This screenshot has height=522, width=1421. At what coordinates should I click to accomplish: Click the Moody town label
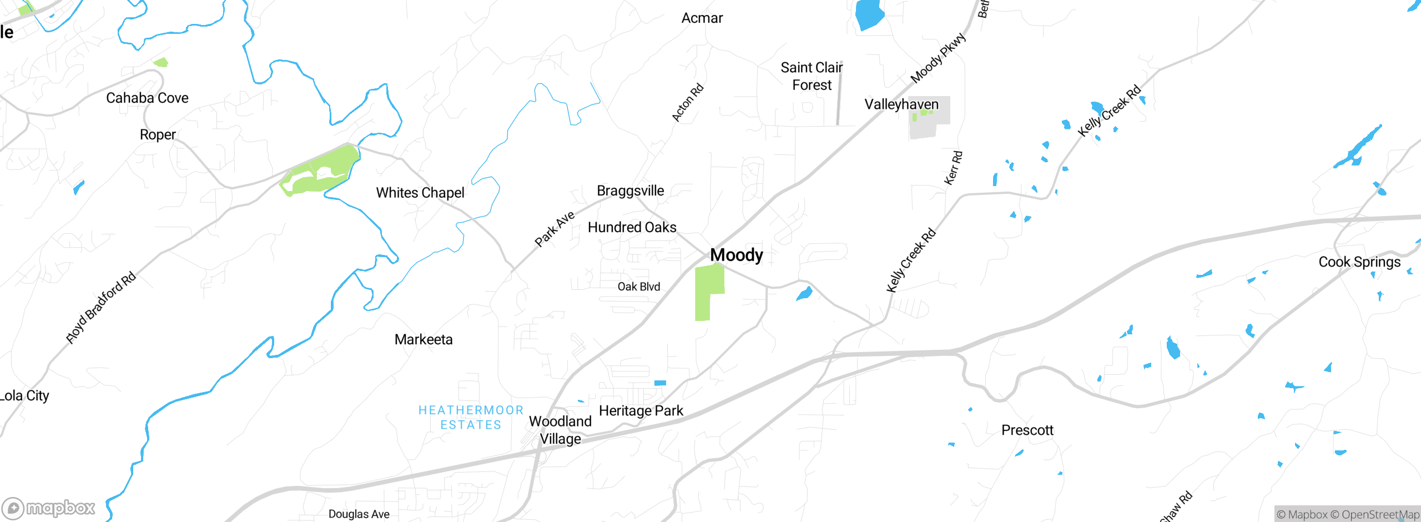pyautogui.click(x=737, y=255)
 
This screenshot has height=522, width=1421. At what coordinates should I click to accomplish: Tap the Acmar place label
pyautogui.click(x=702, y=18)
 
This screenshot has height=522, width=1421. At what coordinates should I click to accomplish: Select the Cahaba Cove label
pyautogui.click(x=147, y=98)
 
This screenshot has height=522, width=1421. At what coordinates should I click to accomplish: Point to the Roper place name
pyautogui.click(x=158, y=135)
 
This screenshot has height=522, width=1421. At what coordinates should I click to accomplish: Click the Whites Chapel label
pyautogui.click(x=420, y=193)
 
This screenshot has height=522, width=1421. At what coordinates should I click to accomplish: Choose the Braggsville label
pyautogui.click(x=630, y=191)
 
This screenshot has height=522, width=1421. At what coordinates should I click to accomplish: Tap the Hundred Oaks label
pyautogui.click(x=632, y=227)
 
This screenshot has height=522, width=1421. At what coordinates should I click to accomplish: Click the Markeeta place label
pyautogui.click(x=424, y=339)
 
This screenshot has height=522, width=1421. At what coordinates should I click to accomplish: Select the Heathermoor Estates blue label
pyautogui.click(x=471, y=418)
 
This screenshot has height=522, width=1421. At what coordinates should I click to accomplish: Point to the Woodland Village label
pyautogui.click(x=560, y=430)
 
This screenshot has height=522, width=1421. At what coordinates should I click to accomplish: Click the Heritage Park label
pyautogui.click(x=641, y=411)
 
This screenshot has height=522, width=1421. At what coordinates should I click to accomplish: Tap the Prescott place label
pyautogui.click(x=1027, y=430)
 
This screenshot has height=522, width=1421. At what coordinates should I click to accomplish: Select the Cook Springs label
pyautogui.click(x=1359, y=262)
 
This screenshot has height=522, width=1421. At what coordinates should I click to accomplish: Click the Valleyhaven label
pyautogui.click(x=901, y=104)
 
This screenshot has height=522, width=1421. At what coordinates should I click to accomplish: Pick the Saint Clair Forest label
pyautogui.click(x=812, y=77)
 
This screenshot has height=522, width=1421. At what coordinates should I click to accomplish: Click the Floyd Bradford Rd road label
pyautogui.click(x=100, y=308)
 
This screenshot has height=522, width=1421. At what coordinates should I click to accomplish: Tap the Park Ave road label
pyautogui.click(x=554, y=229)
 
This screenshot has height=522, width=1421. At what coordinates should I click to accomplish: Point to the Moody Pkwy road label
pyautogui.click(x=938, y=58)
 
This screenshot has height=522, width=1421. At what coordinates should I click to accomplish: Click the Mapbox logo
pyautogui.click(x=49, y=508)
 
